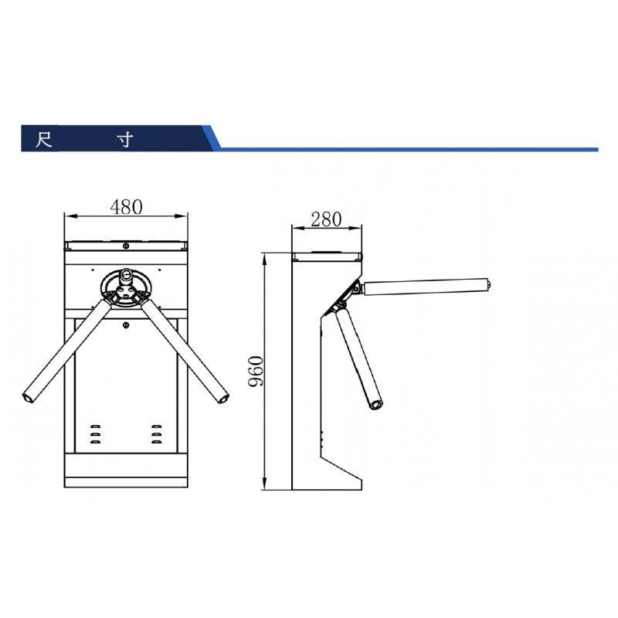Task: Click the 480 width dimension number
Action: (126, 206)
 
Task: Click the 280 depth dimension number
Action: (326, 219)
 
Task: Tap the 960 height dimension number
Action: (256, 372)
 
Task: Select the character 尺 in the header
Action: (44, 139)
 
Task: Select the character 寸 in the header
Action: (125, 139)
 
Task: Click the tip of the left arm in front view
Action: (28, 397)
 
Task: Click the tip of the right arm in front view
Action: (223, 399)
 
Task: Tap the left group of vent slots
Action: (95, 434)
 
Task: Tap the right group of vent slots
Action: (157, 434)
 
